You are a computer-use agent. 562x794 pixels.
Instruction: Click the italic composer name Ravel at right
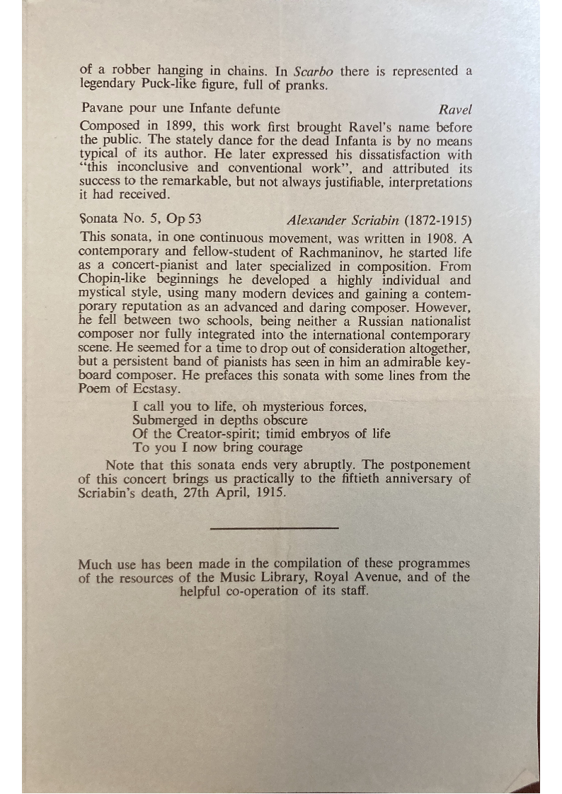pyautogui.click(x=454, y=109)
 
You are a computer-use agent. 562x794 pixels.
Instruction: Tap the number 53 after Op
pyautogui.click(x=193, y=218)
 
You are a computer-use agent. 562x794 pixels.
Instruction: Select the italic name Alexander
pyautogui.click(x=315, y=218)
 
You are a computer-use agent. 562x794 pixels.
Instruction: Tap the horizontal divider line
pyautogui.click(x=275, y=527)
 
